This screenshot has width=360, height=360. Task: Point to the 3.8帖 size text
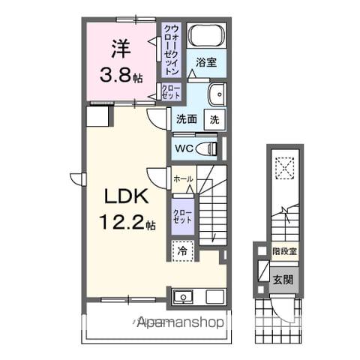[x=121, y=74]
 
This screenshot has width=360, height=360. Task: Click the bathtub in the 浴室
[x=205, y=35]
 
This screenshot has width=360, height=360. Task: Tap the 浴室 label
[x=206, y=63]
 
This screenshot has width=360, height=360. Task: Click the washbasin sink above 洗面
[x=216, y=95]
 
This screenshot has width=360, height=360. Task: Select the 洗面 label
[x=187, y=118]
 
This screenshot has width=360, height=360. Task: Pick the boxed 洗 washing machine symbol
[x=214, y=118]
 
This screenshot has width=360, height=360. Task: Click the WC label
[x=184, y=148]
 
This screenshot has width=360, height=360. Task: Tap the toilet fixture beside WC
[x=209, y=148]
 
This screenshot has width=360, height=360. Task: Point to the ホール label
[x=183, y=179]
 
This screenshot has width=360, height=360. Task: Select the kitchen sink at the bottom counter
[x=182, y=297]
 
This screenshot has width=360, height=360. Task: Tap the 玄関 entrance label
[x=283, y=280]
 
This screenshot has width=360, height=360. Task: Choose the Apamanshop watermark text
[x=180, y=324]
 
